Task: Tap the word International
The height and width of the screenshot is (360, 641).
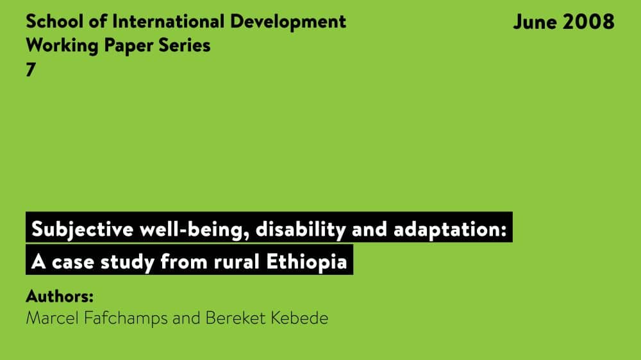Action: pyautogui.click(x=169, y=21)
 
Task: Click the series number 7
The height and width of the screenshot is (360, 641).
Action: pyautogui.click(x=31, y=70)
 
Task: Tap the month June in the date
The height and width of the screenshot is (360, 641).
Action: pyautogui.click(x=535, y=21)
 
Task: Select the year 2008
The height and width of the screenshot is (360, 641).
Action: pyautogui.click(x=588, y=21)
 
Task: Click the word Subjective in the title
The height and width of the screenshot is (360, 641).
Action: pyautogui.click(x=83, y=229)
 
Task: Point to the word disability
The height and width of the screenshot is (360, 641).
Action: pyautogui.click(x=301, y=229)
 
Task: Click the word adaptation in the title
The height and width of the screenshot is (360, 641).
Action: pyautogui.click(x=450, y=229)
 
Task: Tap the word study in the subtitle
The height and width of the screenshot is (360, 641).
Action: pyautogui.click(x=128, y=262)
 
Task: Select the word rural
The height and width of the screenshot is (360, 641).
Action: pyautogui.click(x=237, y=261)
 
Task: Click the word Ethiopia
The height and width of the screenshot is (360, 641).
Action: pyautogui.click(x=306, y=262)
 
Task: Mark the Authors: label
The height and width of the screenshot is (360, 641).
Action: pyautogui.click(x=60, y=296)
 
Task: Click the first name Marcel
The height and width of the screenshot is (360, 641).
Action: pyautogui.click(x=52, y=318)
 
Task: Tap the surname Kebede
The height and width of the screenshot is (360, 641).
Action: pyautogui.click(x=299, y=318)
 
